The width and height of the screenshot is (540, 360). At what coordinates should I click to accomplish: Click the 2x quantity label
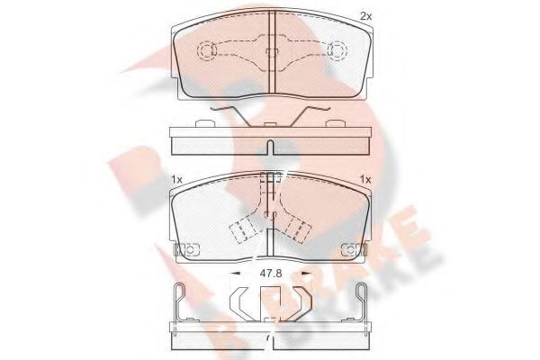[x=365, y=15]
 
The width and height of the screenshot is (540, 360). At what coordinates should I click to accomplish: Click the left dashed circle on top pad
[x=205, y=50]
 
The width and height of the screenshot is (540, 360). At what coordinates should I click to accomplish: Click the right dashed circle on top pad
[x=338, y=50]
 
